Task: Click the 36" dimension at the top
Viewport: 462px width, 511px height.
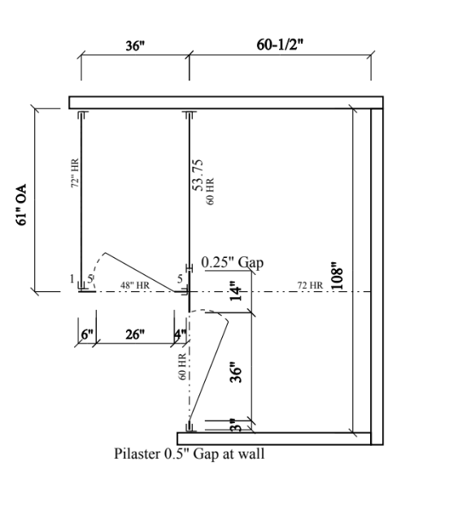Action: click(x=135, y=46)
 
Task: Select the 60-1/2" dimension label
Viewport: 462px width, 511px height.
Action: click(x=280, y=45)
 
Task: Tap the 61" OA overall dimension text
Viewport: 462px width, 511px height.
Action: click(x=21, y=205)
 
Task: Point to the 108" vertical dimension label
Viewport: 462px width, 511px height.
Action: click(x=338, y=276)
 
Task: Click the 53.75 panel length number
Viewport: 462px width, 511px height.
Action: click(x=198, y=175)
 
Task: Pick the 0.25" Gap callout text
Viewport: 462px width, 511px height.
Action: click(x=233, y=262)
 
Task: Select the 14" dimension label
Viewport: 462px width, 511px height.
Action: click(x=237, y=291)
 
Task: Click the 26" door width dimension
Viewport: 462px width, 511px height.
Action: click(x=135, y=334)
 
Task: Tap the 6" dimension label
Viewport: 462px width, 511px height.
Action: click(x=87, y=334)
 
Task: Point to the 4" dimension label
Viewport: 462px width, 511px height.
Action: click(x=181, y=334)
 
